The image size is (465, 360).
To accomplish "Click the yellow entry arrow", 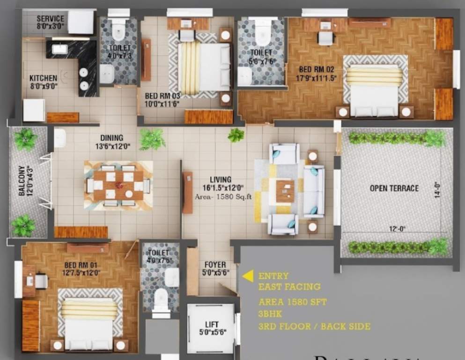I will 247,276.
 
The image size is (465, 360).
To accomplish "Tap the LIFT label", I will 212,324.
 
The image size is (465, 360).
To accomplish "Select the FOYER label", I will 215,265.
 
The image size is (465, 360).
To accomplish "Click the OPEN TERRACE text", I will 394,188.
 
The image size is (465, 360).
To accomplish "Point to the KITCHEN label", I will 43,78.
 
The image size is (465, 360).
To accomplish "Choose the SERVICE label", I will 50,19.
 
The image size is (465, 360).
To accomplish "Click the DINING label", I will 111,138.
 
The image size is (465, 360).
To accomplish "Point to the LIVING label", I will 221,180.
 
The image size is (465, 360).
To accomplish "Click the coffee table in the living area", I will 285,191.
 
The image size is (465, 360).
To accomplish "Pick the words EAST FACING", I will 289,286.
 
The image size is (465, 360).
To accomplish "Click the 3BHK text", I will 268,314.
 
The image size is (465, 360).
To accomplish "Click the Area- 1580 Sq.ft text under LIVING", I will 223,197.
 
